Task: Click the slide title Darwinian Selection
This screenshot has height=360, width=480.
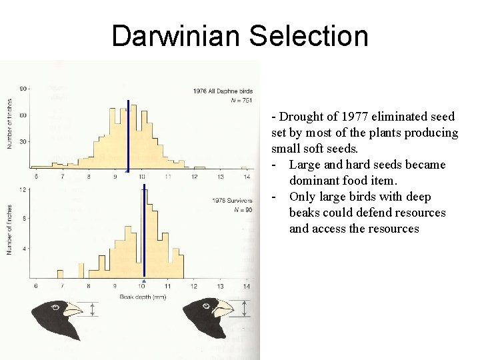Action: [240, 35]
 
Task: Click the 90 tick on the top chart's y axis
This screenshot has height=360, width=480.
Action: [23, 88]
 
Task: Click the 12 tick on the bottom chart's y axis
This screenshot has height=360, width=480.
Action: [23, 189]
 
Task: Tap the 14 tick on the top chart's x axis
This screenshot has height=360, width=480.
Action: [247, 177]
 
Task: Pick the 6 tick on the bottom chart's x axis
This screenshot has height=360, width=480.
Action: [35, 286]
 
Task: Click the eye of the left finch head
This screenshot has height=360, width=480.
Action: [57, 308]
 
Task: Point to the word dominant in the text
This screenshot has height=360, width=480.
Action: [314, 181]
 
